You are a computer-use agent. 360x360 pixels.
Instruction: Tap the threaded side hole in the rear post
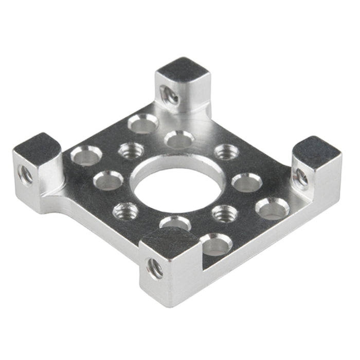169,95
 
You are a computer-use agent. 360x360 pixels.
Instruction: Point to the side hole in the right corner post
301,178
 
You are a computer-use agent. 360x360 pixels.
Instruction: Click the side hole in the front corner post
155,268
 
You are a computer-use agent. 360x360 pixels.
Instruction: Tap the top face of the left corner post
37,145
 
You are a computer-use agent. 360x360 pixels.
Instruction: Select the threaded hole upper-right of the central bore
226,152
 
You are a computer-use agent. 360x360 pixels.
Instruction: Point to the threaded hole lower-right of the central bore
224,212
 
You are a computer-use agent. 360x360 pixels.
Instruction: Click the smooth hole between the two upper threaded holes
179,139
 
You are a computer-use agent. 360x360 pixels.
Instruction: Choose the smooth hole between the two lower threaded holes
175,224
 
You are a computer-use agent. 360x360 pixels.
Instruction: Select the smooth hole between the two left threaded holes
109,179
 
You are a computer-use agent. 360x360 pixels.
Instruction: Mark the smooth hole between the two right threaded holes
247,182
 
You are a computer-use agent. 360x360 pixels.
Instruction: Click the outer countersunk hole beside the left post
85,155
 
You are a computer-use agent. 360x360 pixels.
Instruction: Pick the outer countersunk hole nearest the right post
271,208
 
